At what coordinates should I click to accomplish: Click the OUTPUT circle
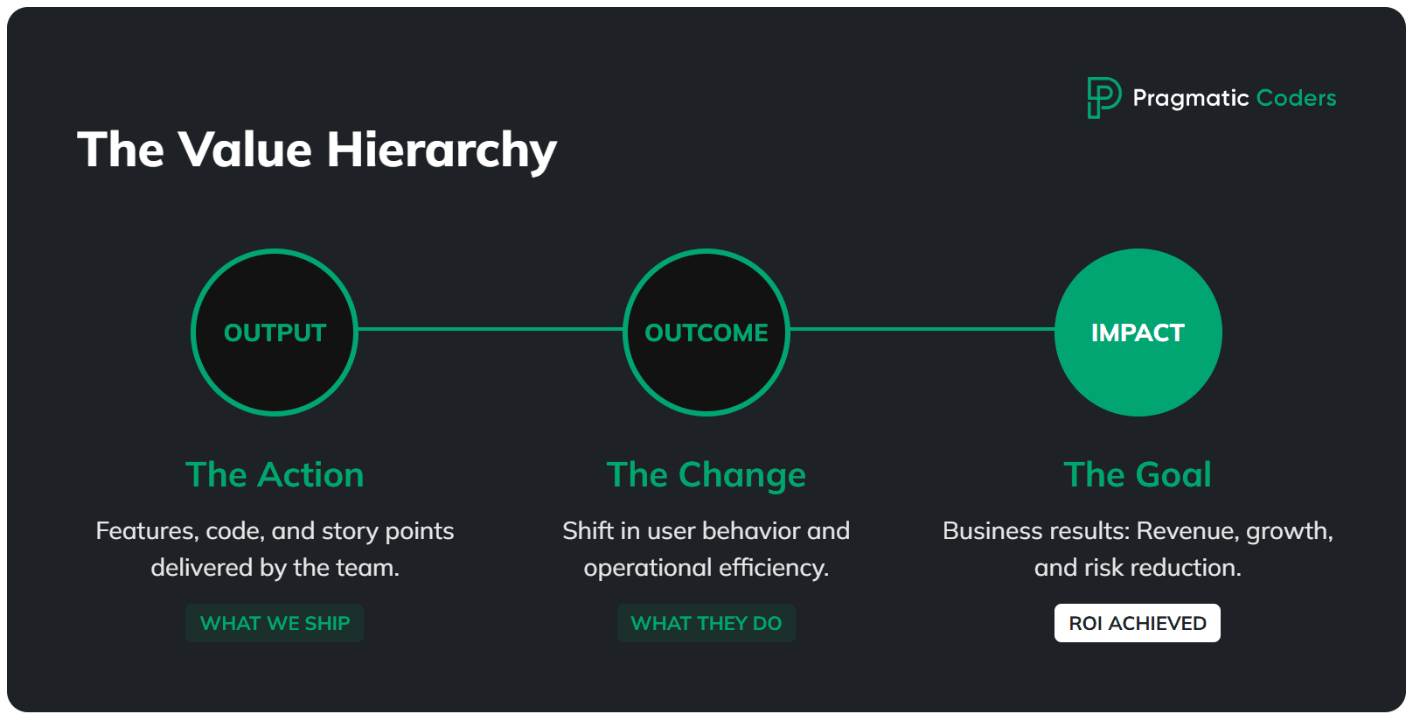[x=275, y=332]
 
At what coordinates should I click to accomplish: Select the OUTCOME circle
[x=706, y=332]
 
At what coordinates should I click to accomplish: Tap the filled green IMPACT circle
[x=1138, y=332]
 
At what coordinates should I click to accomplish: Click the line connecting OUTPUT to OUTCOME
[x=490, y=329]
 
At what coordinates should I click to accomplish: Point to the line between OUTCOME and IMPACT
[x=922, y=329]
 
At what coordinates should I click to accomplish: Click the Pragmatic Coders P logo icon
[x=1103, y=97]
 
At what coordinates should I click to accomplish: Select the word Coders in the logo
[x=1296, y=98]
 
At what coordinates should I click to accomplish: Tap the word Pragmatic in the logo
[x=1191, y=98]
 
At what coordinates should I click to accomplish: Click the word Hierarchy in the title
[x=442, y=150]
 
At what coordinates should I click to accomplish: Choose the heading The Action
[x=275, y=475]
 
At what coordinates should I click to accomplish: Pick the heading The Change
[x=706, y=475]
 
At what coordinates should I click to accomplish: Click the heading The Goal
[x=1138, y=475]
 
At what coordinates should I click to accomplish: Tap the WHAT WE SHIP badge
[x=275, y=623]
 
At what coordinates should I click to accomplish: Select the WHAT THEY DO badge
[x=706, y=623]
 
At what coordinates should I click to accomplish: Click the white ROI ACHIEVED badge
[x=1138, y=623]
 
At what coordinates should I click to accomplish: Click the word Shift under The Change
[x=588, y=531]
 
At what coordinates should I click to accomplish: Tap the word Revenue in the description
[x=1187, y=531]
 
